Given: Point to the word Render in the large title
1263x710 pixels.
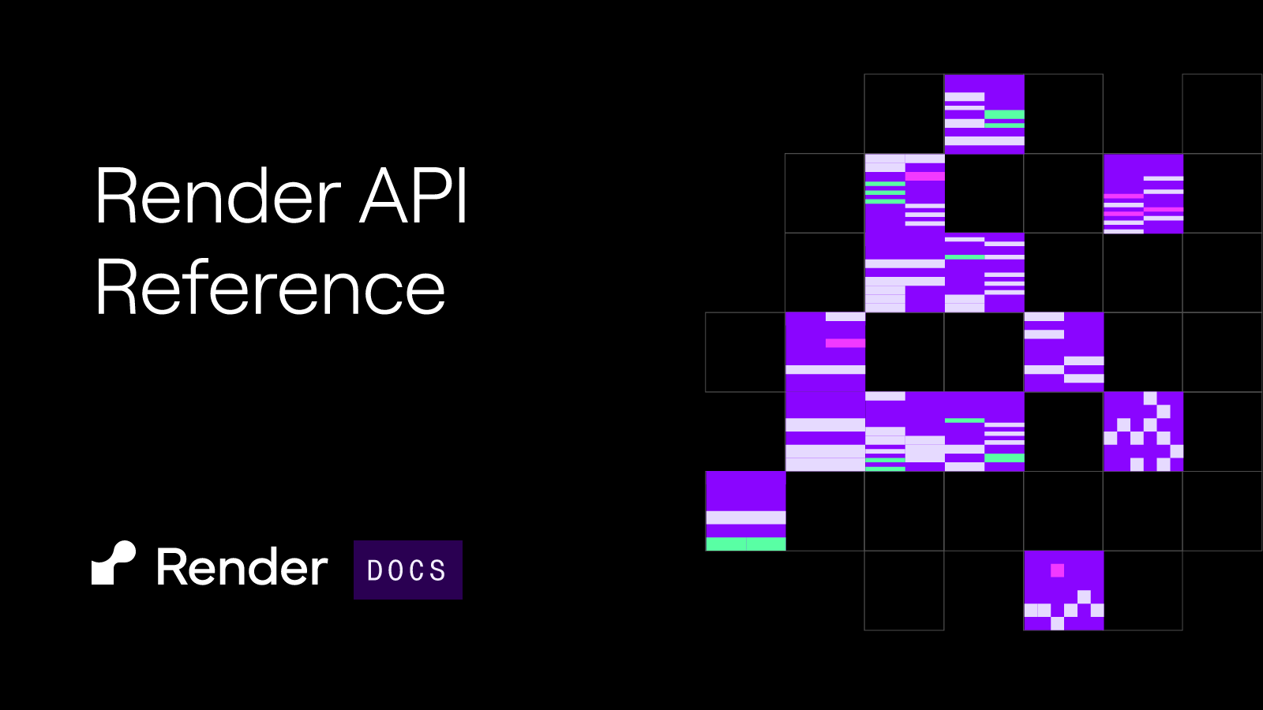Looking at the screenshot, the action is (x=218, y=195).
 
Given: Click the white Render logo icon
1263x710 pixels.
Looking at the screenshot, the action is (x=114, y=563).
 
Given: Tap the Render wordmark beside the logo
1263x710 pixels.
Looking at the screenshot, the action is (x=242, y=566).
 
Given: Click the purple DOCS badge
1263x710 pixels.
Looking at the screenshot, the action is (x=407, y=570).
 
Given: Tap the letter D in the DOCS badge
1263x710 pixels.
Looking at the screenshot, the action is (x=374, y=570).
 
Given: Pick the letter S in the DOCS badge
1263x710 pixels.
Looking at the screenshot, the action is (x=438, y=570).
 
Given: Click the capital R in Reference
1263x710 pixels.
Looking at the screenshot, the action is (x=116, y=287).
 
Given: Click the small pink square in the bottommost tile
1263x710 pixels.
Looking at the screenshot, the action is (x=1057, y=570).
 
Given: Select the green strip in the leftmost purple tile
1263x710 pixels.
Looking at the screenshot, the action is (x=745, y=544).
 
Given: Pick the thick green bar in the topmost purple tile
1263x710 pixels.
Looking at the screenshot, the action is (x=1004, y=114).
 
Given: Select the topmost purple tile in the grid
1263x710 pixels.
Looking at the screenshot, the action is (x=984, y=114).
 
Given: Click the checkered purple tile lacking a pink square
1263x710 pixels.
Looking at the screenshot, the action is (x=1143, y=431).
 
